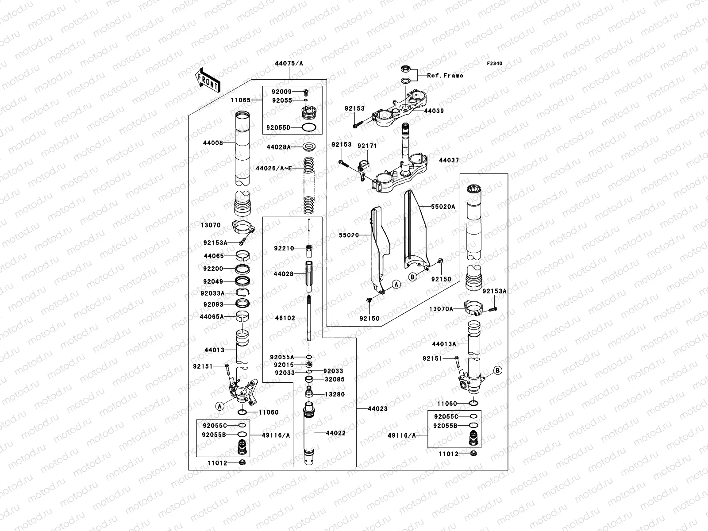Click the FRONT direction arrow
pos(208,80)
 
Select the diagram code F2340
pos(494,64)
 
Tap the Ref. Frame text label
pos(445,75)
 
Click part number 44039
pos(434,111)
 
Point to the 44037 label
pos(449,160)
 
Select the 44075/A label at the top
pos(289,64)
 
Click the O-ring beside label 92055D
pos(309,127)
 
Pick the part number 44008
pos(213,143)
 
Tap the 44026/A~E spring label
pos(274,168)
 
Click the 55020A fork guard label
pos(443,207)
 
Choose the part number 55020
pos(349,235)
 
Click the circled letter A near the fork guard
pos(396,285)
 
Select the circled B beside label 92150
pos(412,277)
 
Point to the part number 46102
pos(285,318)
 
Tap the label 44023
pos(378,409)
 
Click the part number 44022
pos(336,433)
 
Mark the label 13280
pos(335,394)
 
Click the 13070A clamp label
pos(441,309)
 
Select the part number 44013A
pos(444,344)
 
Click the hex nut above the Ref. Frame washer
pos(405,69)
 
